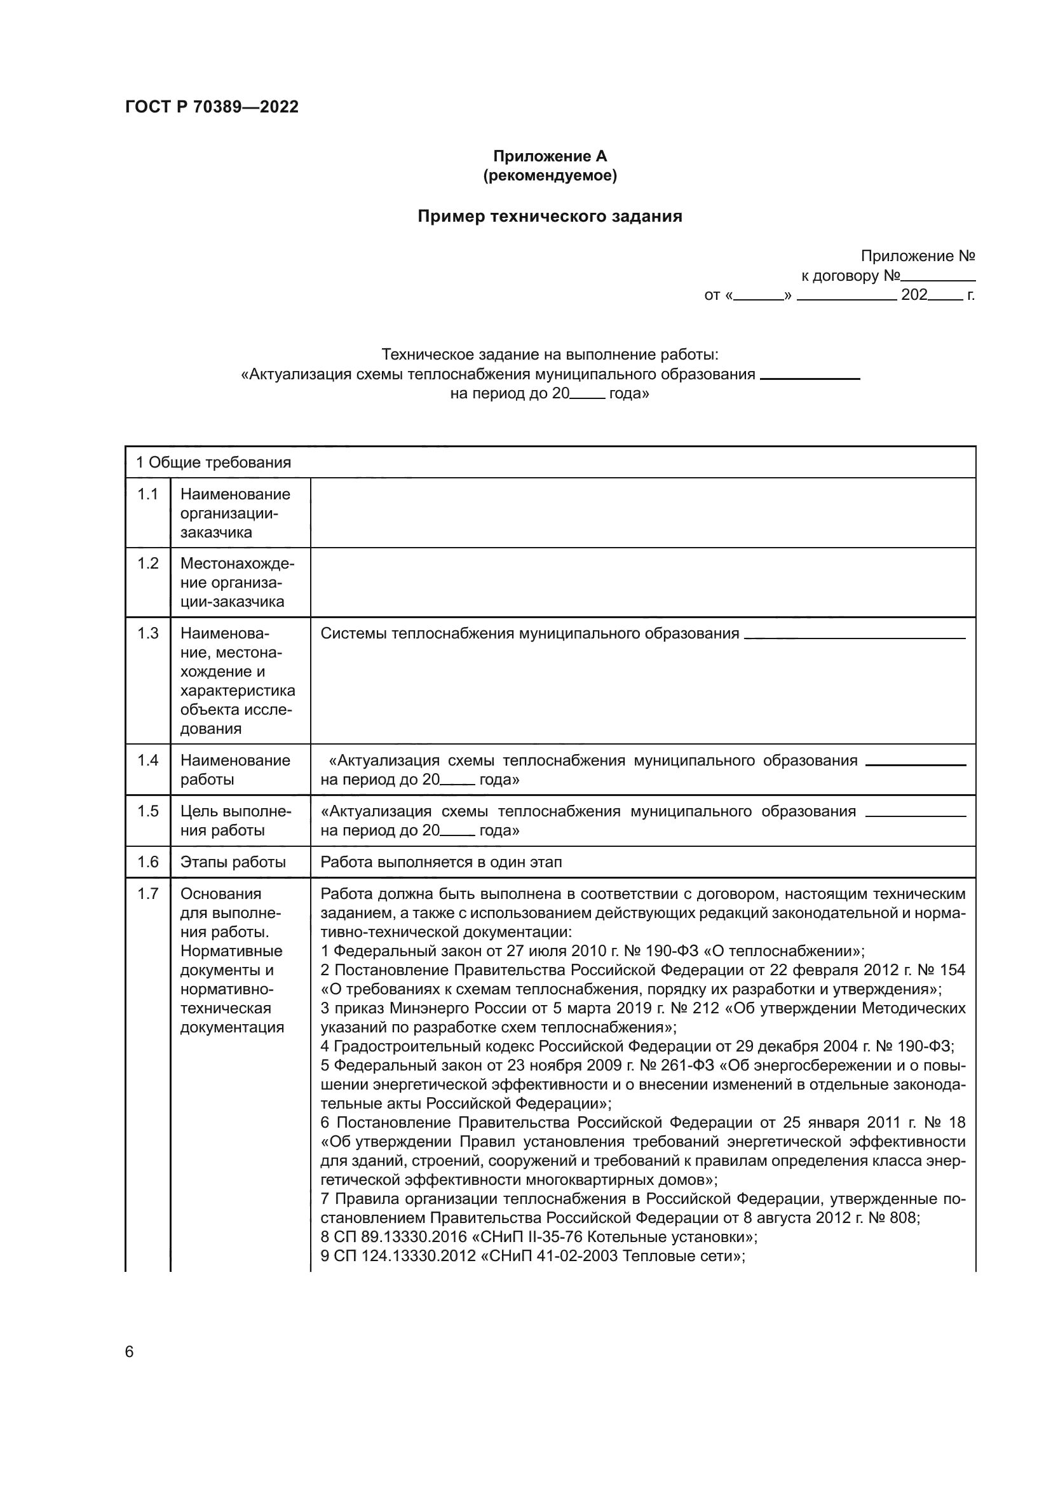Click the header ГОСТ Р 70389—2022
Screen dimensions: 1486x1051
coord(212,107)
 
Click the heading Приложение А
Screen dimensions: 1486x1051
coord(550,156)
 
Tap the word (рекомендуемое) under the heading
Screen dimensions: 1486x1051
coord(550,175)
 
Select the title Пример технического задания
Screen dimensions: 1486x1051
coord(550,216)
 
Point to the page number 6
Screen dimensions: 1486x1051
coord(130,1352)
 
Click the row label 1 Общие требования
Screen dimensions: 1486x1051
coord(213,463)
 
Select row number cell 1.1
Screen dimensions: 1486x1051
coord(147,494)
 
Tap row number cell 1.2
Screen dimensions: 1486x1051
coord(147,564)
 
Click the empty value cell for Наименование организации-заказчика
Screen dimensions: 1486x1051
coord(642,513)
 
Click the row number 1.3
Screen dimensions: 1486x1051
coord(147,633)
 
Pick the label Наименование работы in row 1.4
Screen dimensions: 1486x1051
coord(235,769)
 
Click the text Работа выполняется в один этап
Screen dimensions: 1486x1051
coord(442,862)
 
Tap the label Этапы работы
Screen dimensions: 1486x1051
coord(233,862)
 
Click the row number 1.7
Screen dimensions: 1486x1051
coord(147,894)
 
